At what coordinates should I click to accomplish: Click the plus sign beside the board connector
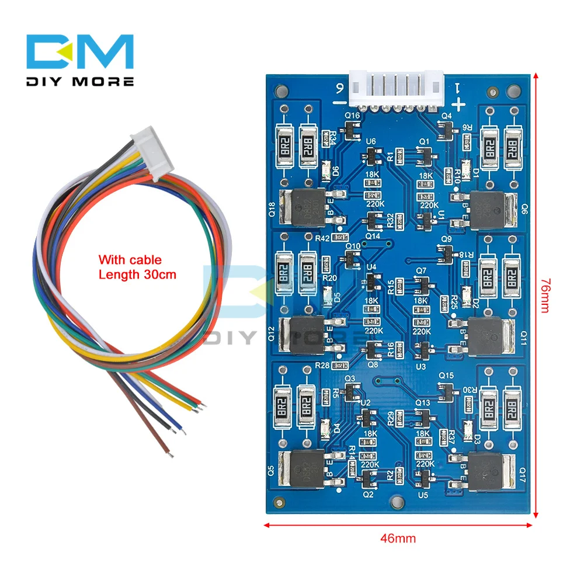(459, 105)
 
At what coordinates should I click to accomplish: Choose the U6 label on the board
(370, 142)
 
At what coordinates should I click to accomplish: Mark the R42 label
(322, 238)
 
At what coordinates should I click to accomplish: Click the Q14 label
(373, 235)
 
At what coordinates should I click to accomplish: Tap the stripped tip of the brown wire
(169, 451)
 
